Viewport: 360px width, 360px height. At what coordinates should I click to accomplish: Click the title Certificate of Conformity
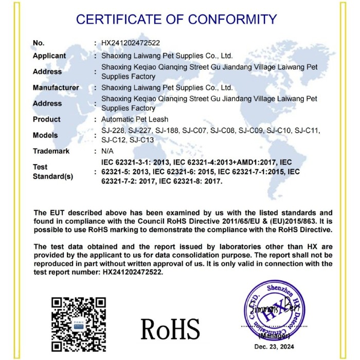click(x=176, y=20)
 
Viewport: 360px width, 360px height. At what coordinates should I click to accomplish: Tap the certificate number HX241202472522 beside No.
click(x=131, y=43)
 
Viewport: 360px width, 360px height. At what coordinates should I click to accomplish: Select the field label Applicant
click(x=49, y=56)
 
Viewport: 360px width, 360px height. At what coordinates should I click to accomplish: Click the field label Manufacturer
click(x=56, y=87)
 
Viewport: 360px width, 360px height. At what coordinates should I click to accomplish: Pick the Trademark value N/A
click(x=109, y=151)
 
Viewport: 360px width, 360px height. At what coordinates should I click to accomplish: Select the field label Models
click(x=45, y=135)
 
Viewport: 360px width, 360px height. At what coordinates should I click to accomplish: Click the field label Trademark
click(x=51, y=151)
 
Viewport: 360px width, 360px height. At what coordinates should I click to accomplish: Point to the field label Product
click(x=47, y=119)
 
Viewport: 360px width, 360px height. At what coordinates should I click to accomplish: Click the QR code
click(x=79, y=320)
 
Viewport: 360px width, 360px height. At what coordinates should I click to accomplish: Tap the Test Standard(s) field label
click(x=53, y=172)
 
